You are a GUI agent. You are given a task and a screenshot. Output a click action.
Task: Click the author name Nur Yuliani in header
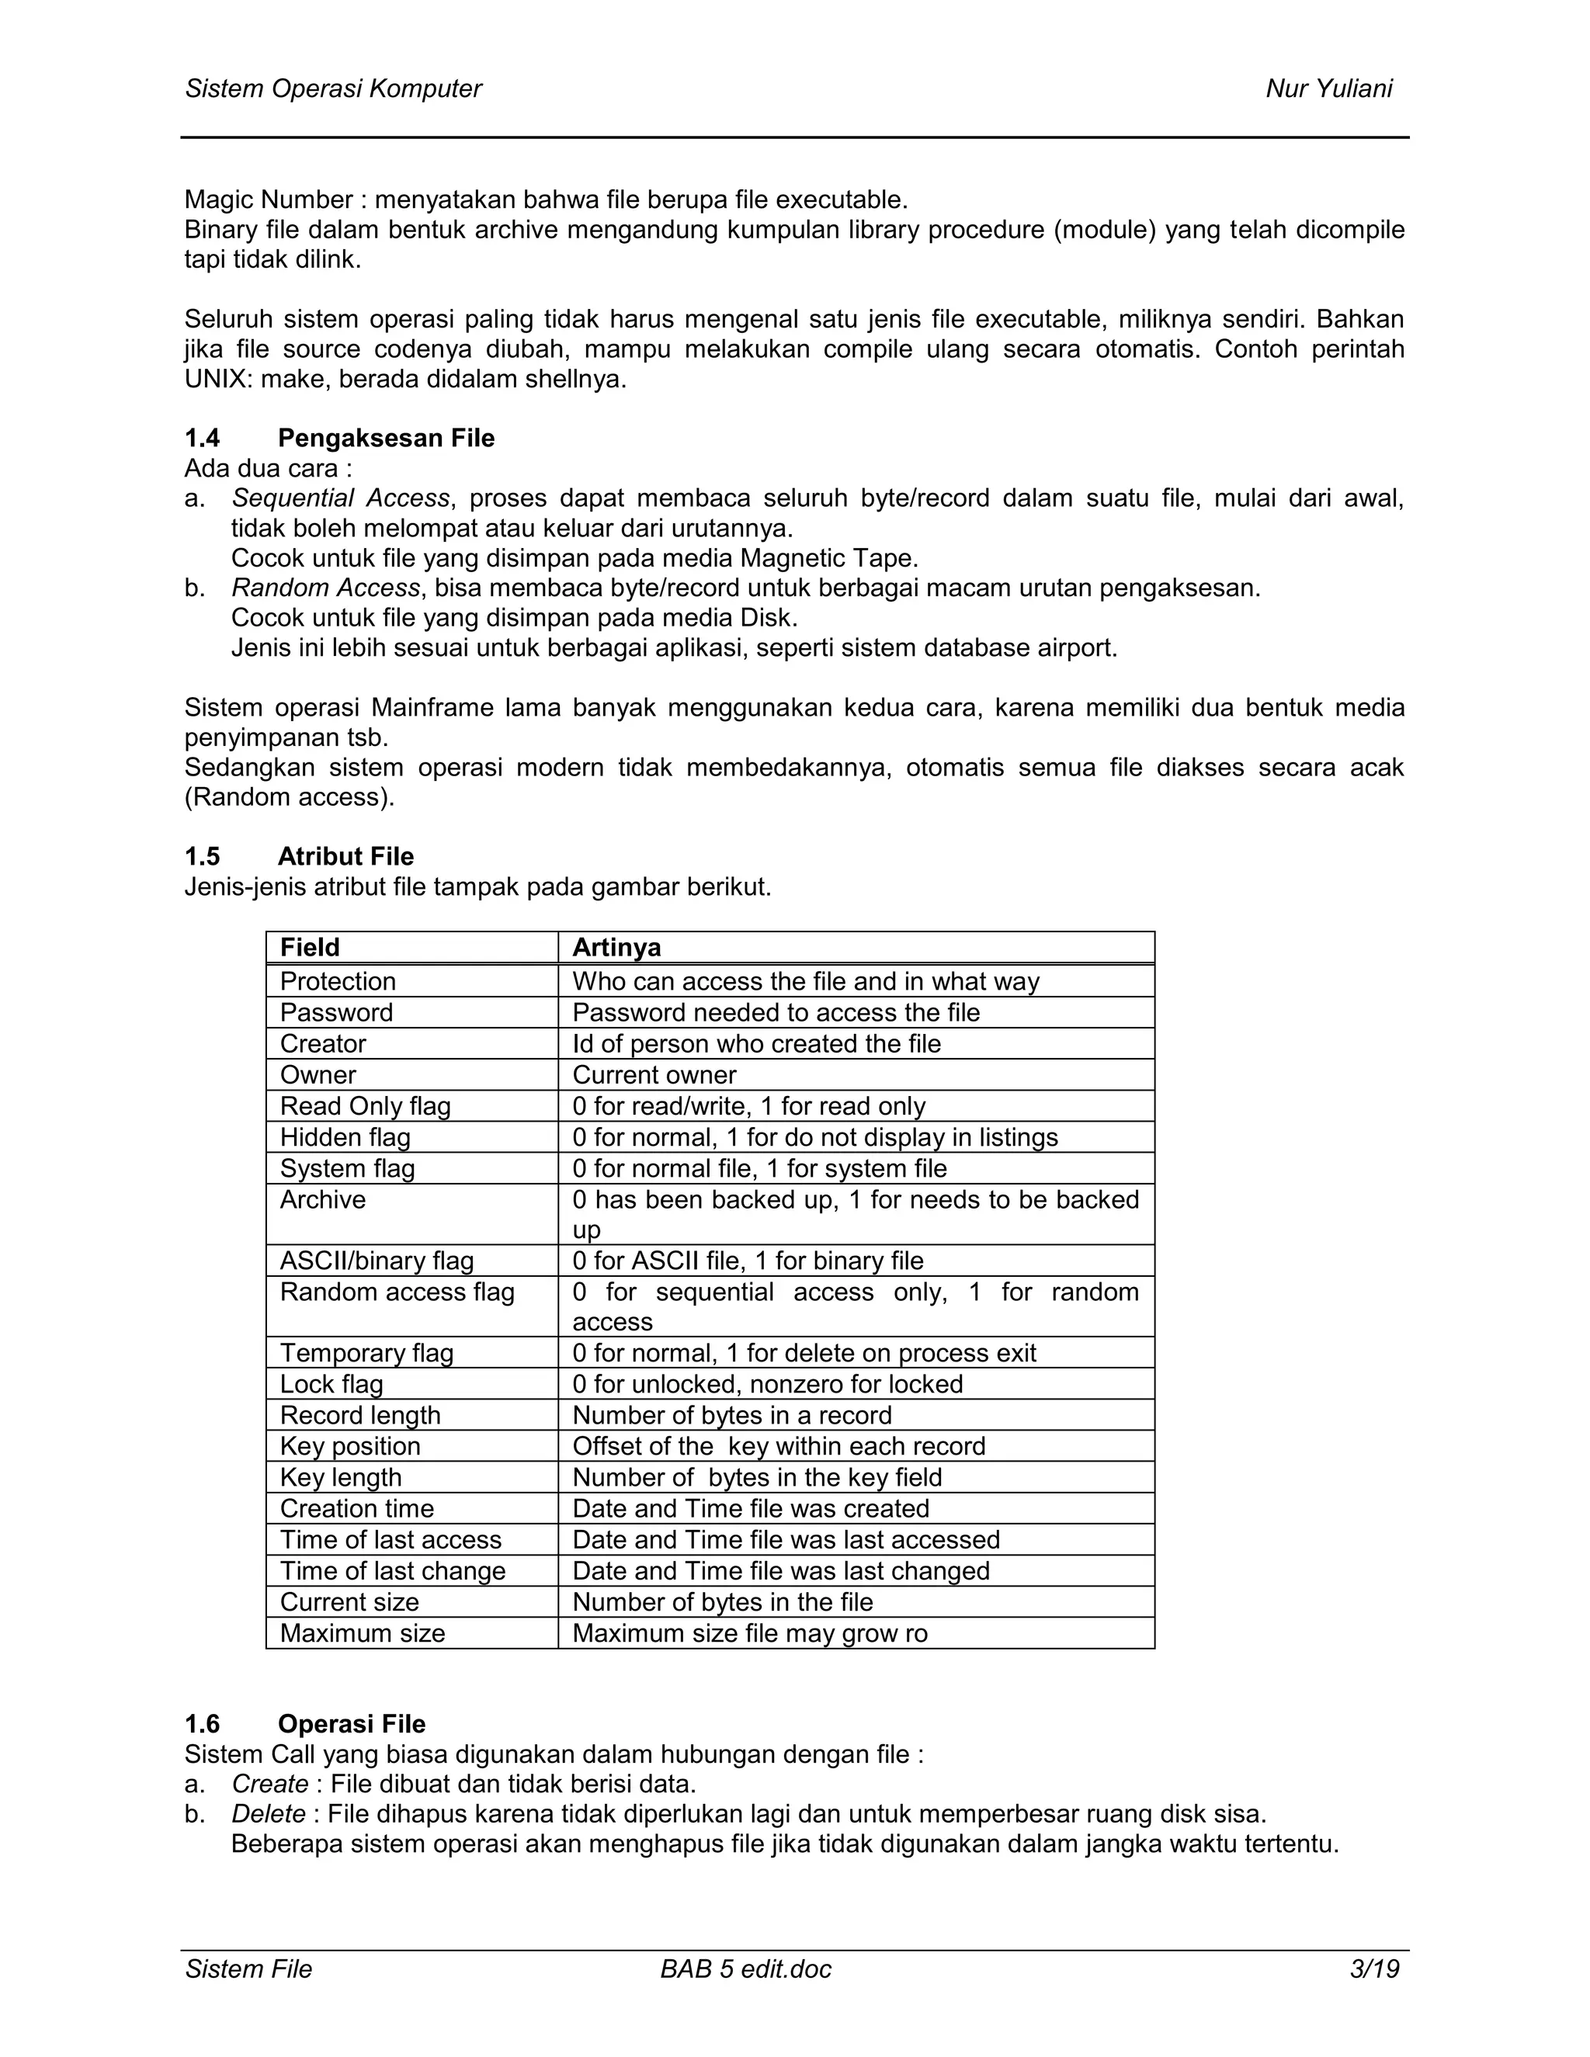pos(1328,88)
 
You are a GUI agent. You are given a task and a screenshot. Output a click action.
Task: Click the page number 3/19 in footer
pos(1374,1969)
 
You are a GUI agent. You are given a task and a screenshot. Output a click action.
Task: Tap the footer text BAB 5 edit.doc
pos(746,1969)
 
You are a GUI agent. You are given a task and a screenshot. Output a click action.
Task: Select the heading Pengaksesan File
pos(386,438)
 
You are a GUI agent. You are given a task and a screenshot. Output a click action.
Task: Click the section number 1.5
pos(203,856)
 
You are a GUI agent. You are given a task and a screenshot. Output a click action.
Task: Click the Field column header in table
pos(310,948)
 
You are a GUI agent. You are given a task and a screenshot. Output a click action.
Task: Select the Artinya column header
pos(617,948)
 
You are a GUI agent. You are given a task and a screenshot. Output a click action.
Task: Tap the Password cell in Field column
pos(336,1012)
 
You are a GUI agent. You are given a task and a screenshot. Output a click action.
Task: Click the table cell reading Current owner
pos(654,1074)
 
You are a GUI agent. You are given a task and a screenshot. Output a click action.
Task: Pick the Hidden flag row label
pos(345,1137)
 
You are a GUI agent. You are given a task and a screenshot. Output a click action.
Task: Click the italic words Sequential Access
pos(340,498)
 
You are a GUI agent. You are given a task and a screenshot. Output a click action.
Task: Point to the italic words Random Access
pos(325,588)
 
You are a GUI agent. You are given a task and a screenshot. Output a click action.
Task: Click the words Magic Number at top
pos(269,199)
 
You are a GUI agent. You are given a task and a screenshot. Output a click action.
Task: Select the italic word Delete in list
pos(269,1813)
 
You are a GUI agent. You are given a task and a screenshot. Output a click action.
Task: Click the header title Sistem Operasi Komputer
pos(333,88)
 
